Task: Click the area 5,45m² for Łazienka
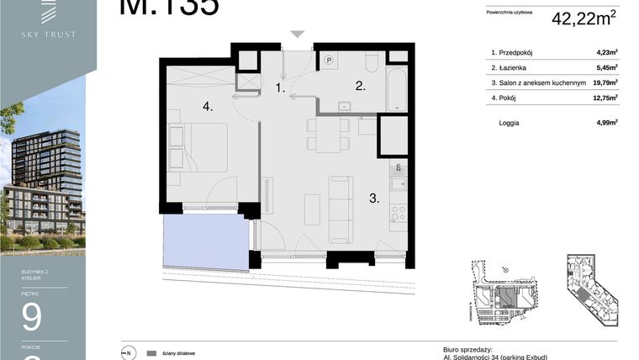pos(606,67)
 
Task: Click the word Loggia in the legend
pos(509,123)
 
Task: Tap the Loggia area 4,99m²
pos(606,123)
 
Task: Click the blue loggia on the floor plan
pos(206,241)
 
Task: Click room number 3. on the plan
pos(373,199)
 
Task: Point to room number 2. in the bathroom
pos(359,86)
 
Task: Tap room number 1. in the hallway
pos(281,87)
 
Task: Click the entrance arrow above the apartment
pos(298,34)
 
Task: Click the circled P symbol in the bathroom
pos(330,61)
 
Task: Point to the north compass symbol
pos(128,352)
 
